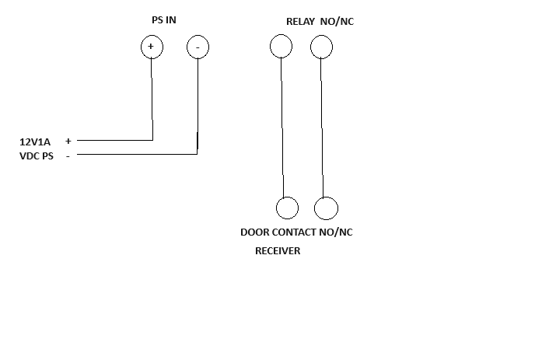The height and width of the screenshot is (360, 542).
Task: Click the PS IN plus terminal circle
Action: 152,47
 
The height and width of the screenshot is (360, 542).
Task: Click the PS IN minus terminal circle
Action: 198,47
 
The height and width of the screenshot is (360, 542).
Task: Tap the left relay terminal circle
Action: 281,47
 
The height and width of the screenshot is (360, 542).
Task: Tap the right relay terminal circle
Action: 321,47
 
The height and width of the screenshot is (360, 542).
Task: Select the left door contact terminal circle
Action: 287,208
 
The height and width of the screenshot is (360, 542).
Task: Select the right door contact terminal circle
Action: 326,208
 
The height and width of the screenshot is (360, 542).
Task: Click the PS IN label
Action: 163,20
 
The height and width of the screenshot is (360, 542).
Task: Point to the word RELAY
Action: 300,22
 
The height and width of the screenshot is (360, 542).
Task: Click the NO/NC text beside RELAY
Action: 337,22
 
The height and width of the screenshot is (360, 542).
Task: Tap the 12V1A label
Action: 35,142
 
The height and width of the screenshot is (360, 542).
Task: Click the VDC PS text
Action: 37,156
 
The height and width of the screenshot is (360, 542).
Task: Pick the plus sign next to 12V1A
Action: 68,142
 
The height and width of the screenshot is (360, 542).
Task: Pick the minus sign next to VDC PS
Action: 68,156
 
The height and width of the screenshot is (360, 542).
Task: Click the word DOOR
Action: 255,232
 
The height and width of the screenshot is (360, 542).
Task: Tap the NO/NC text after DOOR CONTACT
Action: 337,232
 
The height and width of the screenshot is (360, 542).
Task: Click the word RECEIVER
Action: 278,251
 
